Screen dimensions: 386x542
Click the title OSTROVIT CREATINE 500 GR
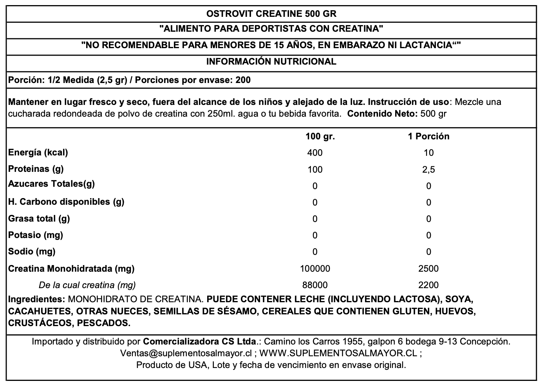tap(271, 14)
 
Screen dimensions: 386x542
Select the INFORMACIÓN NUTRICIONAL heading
tap(271, 61)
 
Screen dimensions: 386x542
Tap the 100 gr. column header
tap(320, 136)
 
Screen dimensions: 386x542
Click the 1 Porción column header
tap(428, 136)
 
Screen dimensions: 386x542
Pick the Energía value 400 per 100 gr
tap(315, 153)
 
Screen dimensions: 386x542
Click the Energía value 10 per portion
tap(428, 153)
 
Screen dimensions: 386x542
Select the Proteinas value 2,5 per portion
tap(428, 170)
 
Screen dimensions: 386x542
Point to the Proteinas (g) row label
tap(36, 169)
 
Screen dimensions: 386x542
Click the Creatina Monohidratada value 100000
tap(315, 269)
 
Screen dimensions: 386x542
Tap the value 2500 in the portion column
tap(428, 269)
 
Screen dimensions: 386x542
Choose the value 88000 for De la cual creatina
tap(315, 285)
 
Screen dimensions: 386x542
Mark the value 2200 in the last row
tap(428, 285)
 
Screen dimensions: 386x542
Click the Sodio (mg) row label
tap(32, 251)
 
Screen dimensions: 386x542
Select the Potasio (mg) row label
tap(36, 235)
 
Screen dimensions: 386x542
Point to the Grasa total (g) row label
tap(39, 218)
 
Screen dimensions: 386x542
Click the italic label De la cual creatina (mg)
tap(87, 285)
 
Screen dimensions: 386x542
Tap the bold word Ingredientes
tap(36, 299)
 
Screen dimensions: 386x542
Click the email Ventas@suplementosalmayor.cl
tap(186, 353)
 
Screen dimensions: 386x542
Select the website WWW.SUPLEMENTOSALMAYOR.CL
tap(338, 353)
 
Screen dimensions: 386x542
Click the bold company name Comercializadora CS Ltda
tap(200, 341)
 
